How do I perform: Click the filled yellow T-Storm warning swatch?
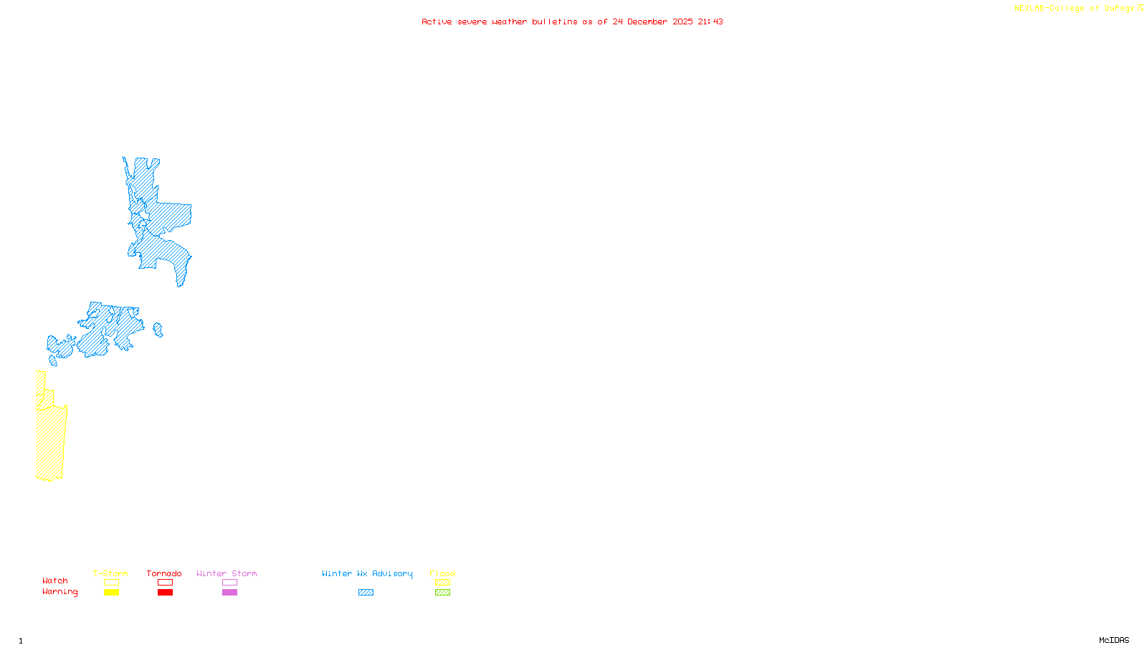tap(111, 593)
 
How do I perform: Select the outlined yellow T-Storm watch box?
tap(111, 583)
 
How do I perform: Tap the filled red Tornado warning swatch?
tap(165, 593)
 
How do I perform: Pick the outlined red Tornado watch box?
tap(165, 583)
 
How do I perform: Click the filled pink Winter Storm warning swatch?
tap(229, 593)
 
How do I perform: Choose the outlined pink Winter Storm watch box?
tap(229, 583)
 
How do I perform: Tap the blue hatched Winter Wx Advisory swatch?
tap(366, 593)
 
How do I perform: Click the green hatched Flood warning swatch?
tap(442, 593)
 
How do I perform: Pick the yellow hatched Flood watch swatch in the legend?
tap(442, 583)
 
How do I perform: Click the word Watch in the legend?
tap(55, 581)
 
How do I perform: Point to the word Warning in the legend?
tap(60, 592)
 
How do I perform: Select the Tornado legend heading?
tap(164, 573)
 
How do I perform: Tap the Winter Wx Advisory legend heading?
tap(367, 573)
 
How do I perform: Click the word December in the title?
tap(647, 21)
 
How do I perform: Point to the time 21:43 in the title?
tap(710, 21)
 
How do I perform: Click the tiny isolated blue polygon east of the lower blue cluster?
tap(158, 330)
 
